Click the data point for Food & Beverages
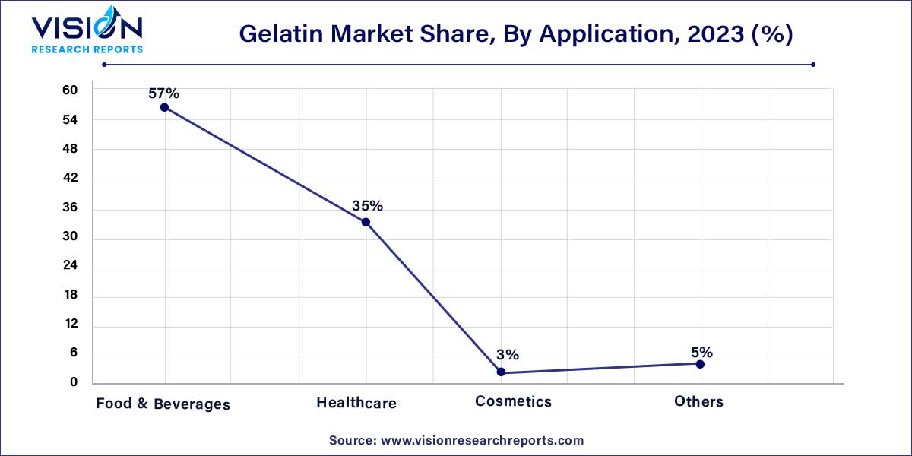164,107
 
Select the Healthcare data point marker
366,222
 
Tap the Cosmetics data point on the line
501,372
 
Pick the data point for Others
700,364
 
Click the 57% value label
164,93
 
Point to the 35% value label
367,206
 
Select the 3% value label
508,355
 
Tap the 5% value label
701,352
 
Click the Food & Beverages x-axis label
163,404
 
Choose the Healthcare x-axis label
356,403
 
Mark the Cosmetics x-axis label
513,401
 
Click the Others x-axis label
698,401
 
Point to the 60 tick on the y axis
70,90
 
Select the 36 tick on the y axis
70,208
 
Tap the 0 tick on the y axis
74,382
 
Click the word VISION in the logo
86,28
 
